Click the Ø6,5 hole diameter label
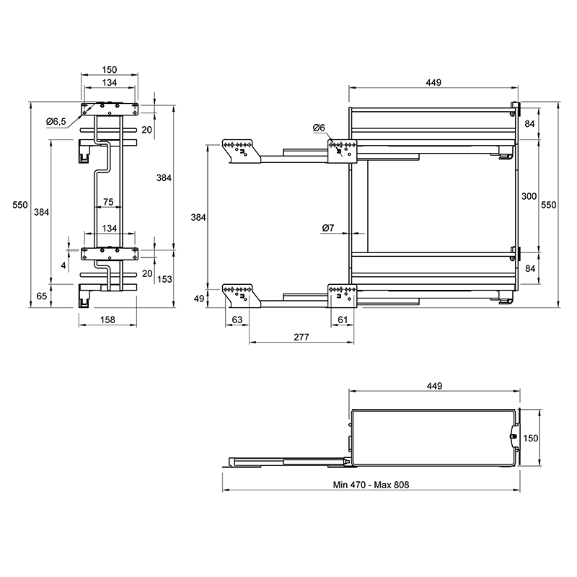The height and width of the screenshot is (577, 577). coord(56,121)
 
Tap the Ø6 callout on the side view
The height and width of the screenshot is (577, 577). coord(319,128)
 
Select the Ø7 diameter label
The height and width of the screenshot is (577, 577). coord(328,228)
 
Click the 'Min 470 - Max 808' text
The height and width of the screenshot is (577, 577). coord(371,485)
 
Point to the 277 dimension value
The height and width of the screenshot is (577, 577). coord(301,337)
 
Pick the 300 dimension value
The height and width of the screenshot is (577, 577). coord(529,196)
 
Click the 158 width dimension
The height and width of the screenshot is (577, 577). coord(107,320)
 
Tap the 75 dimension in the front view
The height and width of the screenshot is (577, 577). coord(108,202)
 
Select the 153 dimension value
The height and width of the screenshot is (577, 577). coord(164,279)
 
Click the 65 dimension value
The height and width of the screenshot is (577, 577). coord(42,296)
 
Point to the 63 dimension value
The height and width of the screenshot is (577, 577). coord(237,320)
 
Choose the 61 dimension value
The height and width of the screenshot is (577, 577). coord(343,320)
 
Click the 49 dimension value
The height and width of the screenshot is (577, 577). coord(199,299)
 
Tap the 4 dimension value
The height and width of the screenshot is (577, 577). coord(63,265)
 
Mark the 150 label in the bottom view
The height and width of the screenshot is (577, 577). coord(530,438)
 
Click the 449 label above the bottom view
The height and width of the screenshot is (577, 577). coord(434,386)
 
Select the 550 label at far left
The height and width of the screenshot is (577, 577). coord(20,205)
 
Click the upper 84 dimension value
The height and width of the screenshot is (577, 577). coord(529,123)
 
